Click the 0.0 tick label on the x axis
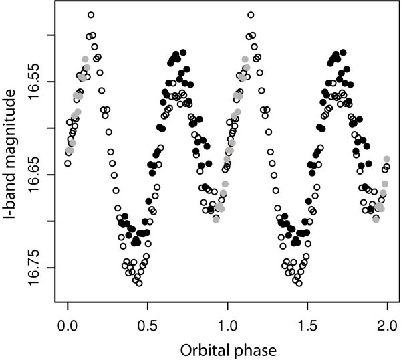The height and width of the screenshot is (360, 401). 68,325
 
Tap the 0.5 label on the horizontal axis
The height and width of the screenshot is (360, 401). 147,325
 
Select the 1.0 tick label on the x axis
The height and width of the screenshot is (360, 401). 227,325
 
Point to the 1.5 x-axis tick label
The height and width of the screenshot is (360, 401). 307,325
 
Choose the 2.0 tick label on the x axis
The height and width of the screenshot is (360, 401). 387,325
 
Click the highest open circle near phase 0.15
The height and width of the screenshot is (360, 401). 91,15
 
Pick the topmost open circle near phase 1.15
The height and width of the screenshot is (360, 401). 251,15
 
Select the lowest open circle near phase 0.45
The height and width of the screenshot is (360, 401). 139,284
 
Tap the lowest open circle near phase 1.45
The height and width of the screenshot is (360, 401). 299,284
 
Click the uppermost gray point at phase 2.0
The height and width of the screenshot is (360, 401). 387,159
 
